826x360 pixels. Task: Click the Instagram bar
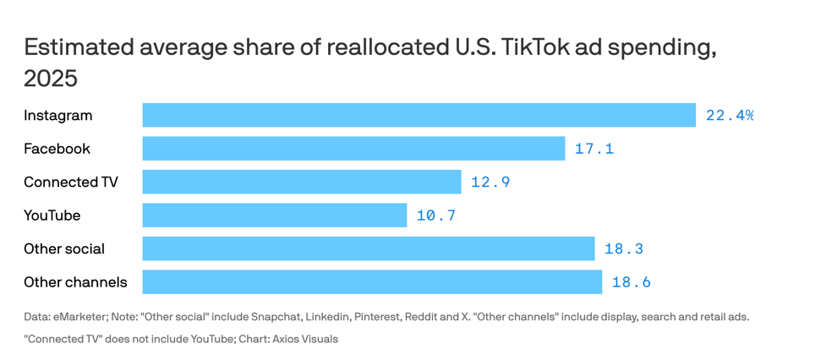point(418,115)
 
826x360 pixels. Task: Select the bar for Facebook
point(353,149)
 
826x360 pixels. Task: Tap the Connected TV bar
point(302,182)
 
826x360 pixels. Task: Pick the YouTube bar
point(275,215)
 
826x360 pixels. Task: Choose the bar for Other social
point(369,248)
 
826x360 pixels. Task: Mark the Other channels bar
point(372,282)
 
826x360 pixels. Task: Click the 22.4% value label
point(730,115)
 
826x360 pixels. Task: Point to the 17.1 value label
point(594,149)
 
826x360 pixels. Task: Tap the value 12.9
point(490,182)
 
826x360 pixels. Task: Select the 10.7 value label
point(436,215)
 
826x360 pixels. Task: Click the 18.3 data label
point(624,248)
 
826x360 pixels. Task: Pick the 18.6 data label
point(632,282)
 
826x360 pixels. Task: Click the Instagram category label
point(58,115)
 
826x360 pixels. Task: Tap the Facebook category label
point(57,149)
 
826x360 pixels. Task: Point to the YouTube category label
point(52,215)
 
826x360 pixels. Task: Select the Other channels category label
point(75,282)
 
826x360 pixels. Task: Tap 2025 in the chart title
point(51,79)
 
